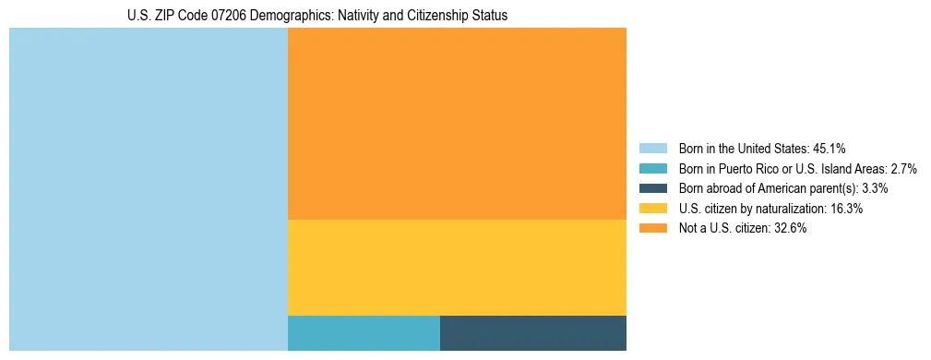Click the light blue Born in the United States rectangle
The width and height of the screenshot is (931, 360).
pyautogui.click(x=149, y=189)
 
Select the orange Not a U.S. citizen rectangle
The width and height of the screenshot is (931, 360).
pyautogui.click(x=457, y=124)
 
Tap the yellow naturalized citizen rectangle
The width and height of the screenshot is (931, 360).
pyautogui.click(x=457, y=268)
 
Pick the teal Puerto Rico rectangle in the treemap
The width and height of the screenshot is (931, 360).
pyautogui.click(x=364, y=333)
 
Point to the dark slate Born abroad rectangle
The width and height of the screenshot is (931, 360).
pyautogui.click(x=533, y=333)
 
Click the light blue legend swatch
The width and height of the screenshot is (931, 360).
pyautogui.click(x=653, y=148)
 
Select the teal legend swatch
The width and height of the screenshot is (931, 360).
pyautogui.click(x=653, y=168)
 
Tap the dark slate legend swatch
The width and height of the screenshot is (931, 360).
pyautogui.click(x=653, y=188)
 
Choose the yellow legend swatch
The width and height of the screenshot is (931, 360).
pyautogui.click(x=653, y=209)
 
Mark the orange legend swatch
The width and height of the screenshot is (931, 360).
pyautogui.click(x=653, y=229)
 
